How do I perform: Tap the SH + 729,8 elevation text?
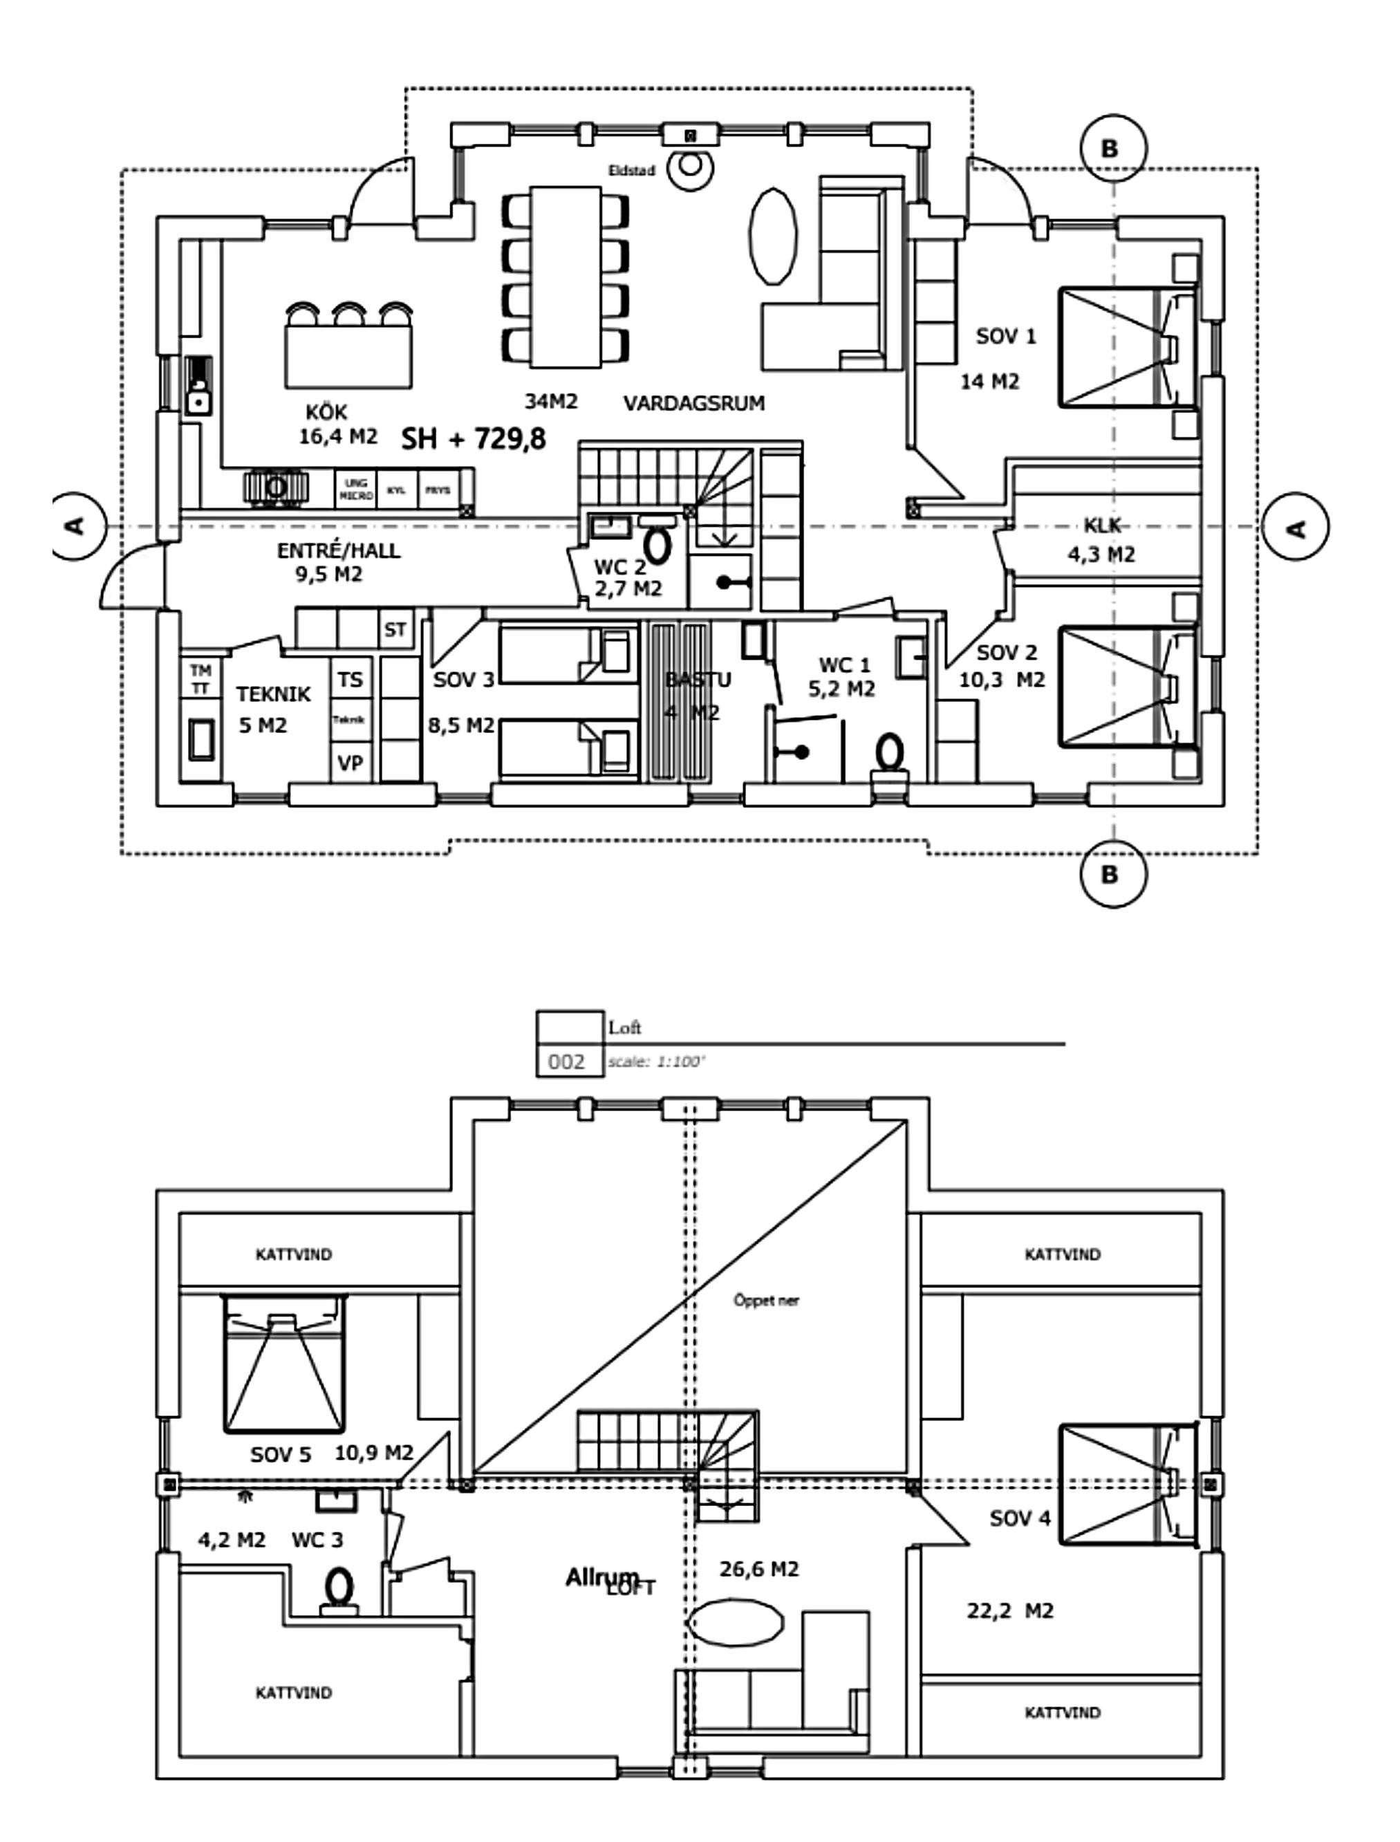point(474,438)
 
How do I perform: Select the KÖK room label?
point(326,411)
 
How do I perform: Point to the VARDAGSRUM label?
point(693,403)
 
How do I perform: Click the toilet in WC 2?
point(658,546)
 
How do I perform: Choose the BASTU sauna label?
point(698,680)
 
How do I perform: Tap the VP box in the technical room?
point(350,763)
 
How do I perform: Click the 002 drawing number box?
point(568,1062)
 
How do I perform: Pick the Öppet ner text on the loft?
point(766,1300)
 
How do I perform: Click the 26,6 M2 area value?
point(758,1570)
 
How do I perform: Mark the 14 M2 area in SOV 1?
point(990,382)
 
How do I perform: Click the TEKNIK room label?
point(272,694)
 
